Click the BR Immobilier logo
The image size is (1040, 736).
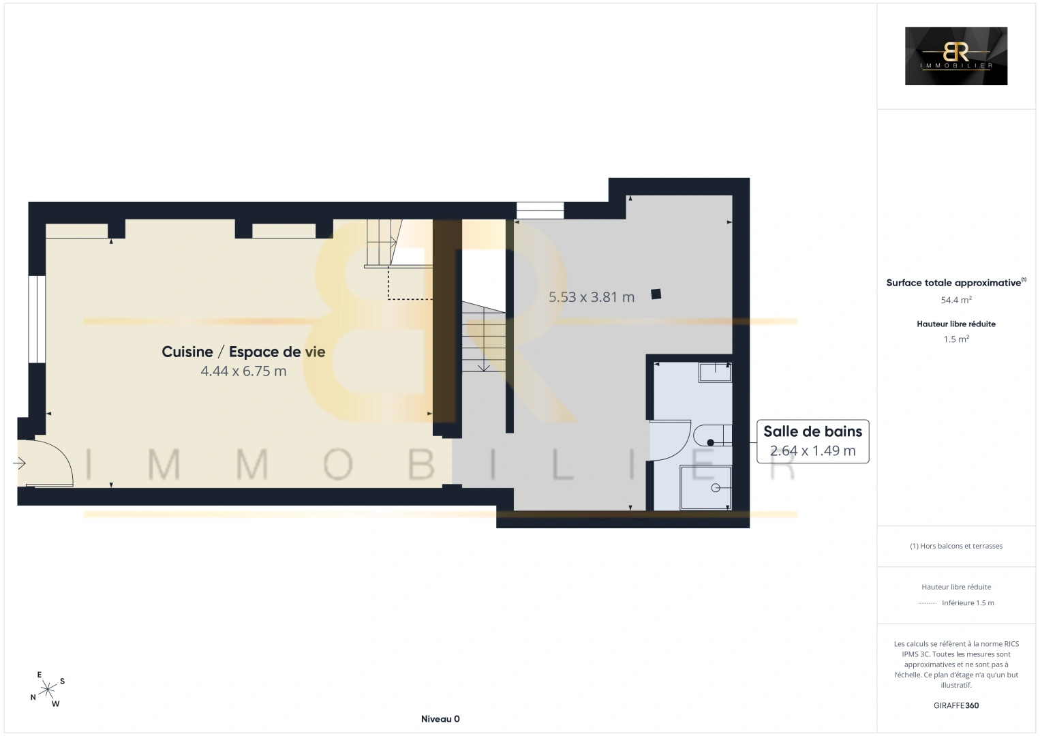[x=955, y=56]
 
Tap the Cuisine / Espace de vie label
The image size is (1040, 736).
[x=243, y=352]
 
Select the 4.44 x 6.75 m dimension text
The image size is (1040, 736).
[x=243, y=371]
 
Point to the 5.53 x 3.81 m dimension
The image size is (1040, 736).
[x=591, y=296]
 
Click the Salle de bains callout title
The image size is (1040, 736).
[x=812, y=431]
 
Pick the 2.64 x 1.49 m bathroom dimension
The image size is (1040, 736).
[x=812, y=450]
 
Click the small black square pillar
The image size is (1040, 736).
[x=656, y=294]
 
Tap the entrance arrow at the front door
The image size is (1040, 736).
[x=19, y=463]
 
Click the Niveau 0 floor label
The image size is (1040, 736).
[x=440, y=719]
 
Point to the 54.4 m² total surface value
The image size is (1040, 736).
[x=956, y=300]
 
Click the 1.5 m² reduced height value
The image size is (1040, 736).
[x=956, y=339]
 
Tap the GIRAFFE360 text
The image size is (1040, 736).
[x=956, y=705]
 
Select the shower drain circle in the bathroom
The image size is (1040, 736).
[x=716, y=487]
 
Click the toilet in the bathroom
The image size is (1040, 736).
[x=712, y=435]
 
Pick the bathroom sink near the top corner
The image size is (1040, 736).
[x=715, y=372]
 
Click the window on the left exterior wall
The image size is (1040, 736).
[x=37, y=319]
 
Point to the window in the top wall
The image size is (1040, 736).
[x=540, y=211]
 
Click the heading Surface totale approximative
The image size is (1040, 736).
[x=953, y=283]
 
